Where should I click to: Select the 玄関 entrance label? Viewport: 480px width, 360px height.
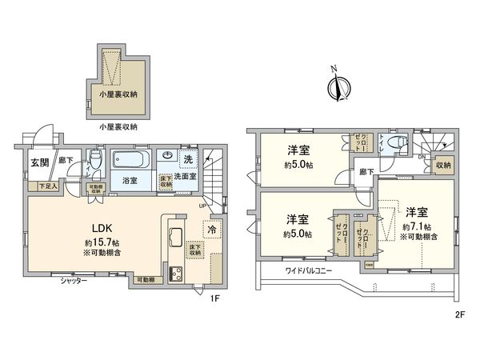tap(40, 162)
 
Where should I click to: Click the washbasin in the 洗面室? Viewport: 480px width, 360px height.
tap(169, 156)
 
